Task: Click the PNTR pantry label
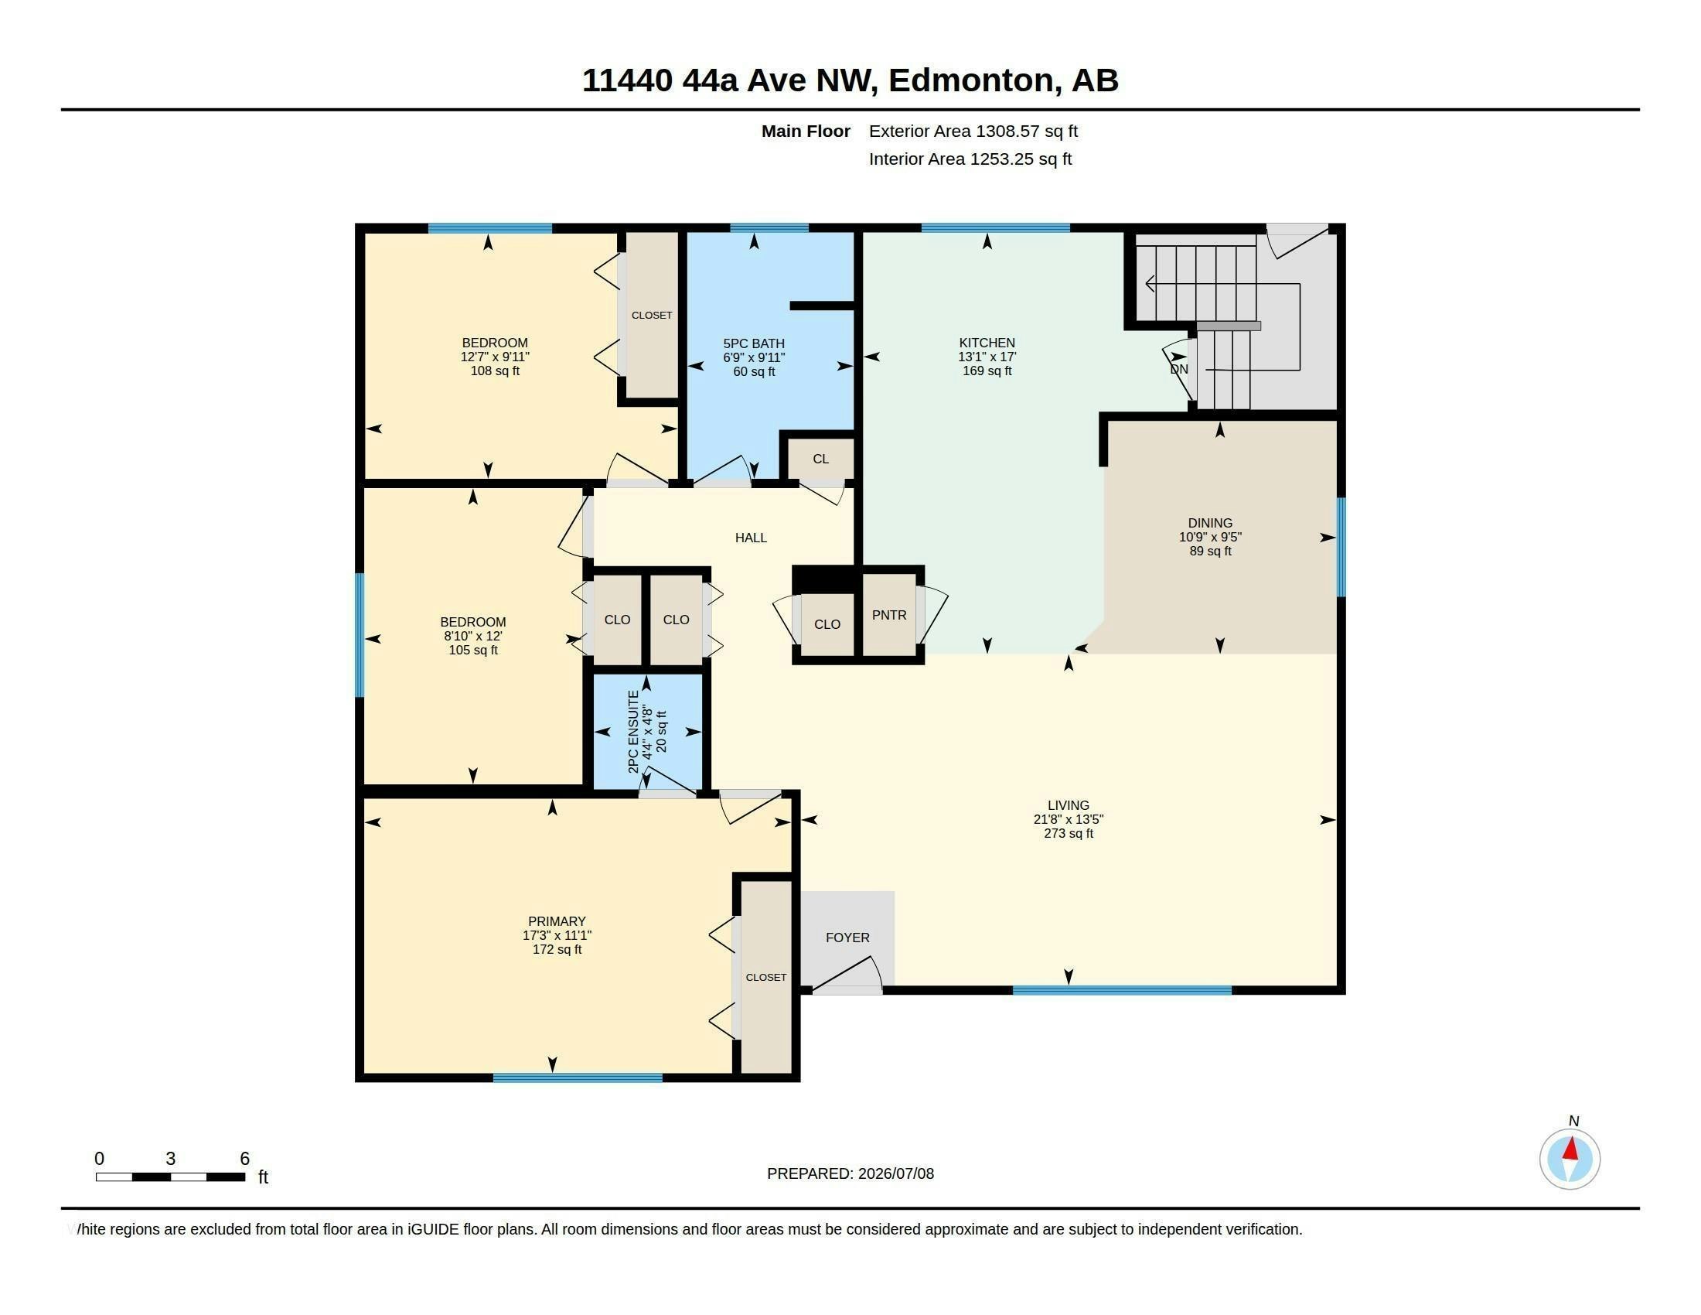pyautogui.click(x=888, y=616)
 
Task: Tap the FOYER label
pyautogui.click(x=847, y=938)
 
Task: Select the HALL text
pyautogui.click(x=751, y=538)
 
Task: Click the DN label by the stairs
pyautogui.click(x=1179, y=369)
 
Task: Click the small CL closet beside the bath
pyautogui.click(x=821, y=459)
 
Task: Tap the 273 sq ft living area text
pyautogui.click(x=1069, y=834)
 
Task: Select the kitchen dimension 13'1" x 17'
pyautogui.click(x=987, y=357)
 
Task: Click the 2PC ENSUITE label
pyautogui.click(x=633, y=732)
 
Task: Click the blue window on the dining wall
pyautogui.click(x=1341, y=547)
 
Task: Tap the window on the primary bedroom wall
pyautogui.click(x=578, y=1078)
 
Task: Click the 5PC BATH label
pyautogui.click(x=754, y=343)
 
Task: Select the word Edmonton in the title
pyautogui.click(x=970, y=80)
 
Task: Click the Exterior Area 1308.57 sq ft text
pyautogui.click(x=973, y=131)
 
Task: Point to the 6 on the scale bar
pyautogui.click(x=244, y=1159)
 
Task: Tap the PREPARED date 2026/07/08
pyautogui.click(x=895, y=1173)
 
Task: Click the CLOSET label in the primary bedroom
pyautogui.click(x=766, y=977)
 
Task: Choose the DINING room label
pyautogui.click(x=1210, y=524)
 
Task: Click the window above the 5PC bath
pyautogui.click(x=769, y=228)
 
